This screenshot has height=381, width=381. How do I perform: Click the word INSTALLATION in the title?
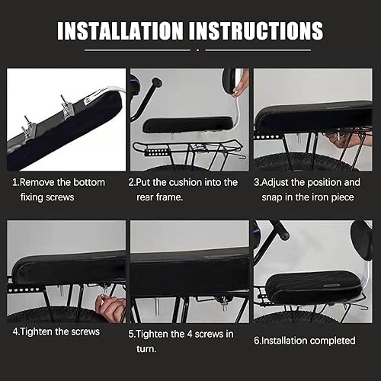[120, 30]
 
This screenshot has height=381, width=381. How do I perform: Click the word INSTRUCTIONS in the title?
[256, 30]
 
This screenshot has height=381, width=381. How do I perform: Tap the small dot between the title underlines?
[197, 50]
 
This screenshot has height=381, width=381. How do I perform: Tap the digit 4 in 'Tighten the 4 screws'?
[190, 334]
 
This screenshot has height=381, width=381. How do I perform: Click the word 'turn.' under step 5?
[146, 349]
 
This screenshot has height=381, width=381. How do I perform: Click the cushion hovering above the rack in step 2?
[187, 124]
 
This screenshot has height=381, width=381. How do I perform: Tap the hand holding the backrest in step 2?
[240, 84]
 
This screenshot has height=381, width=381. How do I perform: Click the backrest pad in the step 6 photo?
[360, 240]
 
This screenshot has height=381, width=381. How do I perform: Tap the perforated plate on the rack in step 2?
[155, 152]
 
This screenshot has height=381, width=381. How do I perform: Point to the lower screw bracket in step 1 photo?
[28, 128]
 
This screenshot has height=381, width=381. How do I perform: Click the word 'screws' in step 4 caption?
[85, 331]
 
